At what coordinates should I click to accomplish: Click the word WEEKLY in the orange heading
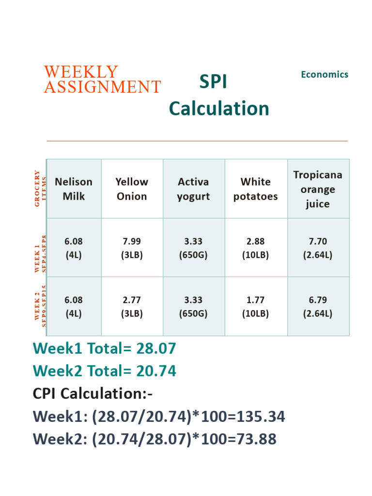click(x=81, y=72)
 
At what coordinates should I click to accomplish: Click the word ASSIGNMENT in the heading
click(x=102, y=87)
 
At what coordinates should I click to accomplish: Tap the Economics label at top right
click(x=324, y=75)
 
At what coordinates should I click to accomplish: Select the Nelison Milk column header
click(x=74, y=189)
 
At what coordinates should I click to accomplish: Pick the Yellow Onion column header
click(x=132, y=189)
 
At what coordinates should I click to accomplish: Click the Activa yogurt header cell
click(x=193, y=189)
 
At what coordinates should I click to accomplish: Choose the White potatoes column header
click(x=255, y=189)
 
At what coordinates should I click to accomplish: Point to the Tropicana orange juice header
click(x=318, y=189)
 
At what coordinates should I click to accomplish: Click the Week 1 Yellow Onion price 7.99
click(x=132, y=241)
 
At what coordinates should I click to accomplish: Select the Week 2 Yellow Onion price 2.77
click(x=132, y=300)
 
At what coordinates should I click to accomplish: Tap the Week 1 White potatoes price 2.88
click(x=255, y=241)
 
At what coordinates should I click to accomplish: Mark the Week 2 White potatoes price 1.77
click(x=255, y=300)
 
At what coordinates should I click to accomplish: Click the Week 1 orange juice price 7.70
click(x=318, y=241)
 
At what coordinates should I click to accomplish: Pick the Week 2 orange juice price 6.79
click(x=318, y=300)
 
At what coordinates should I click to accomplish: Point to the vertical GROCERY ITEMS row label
click(x=40, y=188)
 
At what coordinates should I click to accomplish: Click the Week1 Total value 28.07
click(x=156, y=348)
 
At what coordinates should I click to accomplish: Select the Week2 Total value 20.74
click(x=156, y=372)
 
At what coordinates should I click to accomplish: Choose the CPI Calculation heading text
click(x=93, y=394)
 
